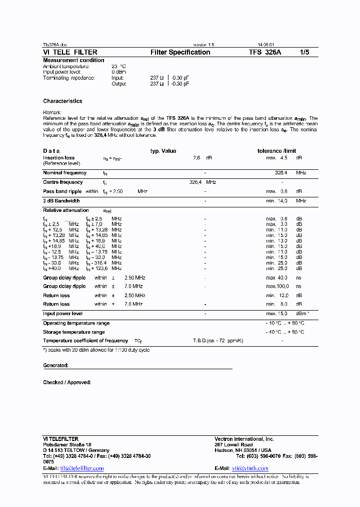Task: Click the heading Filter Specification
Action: pos(180,52)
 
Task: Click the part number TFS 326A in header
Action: pos(265,52)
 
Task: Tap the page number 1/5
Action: pos(304,52)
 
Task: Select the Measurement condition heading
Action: pos(73,60)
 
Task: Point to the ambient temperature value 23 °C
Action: pos(118,66)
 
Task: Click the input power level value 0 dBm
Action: pos(118,72)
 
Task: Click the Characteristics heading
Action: pos(62,101)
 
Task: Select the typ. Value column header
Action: pos(163,151)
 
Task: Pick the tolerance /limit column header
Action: pos(276,151)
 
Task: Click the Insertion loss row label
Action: pos(58,158)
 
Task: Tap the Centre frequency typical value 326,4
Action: pos(195,182)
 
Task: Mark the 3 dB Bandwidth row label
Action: pos(61,201)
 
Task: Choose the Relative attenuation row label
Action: pos(65,210)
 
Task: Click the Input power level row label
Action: pos(62,314)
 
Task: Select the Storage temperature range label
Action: pos(73,332)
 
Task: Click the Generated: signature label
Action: pos(55,366)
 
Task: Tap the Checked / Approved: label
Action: pos(67,383)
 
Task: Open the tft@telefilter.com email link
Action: pos(82,468)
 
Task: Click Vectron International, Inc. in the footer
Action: pos(244,439)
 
